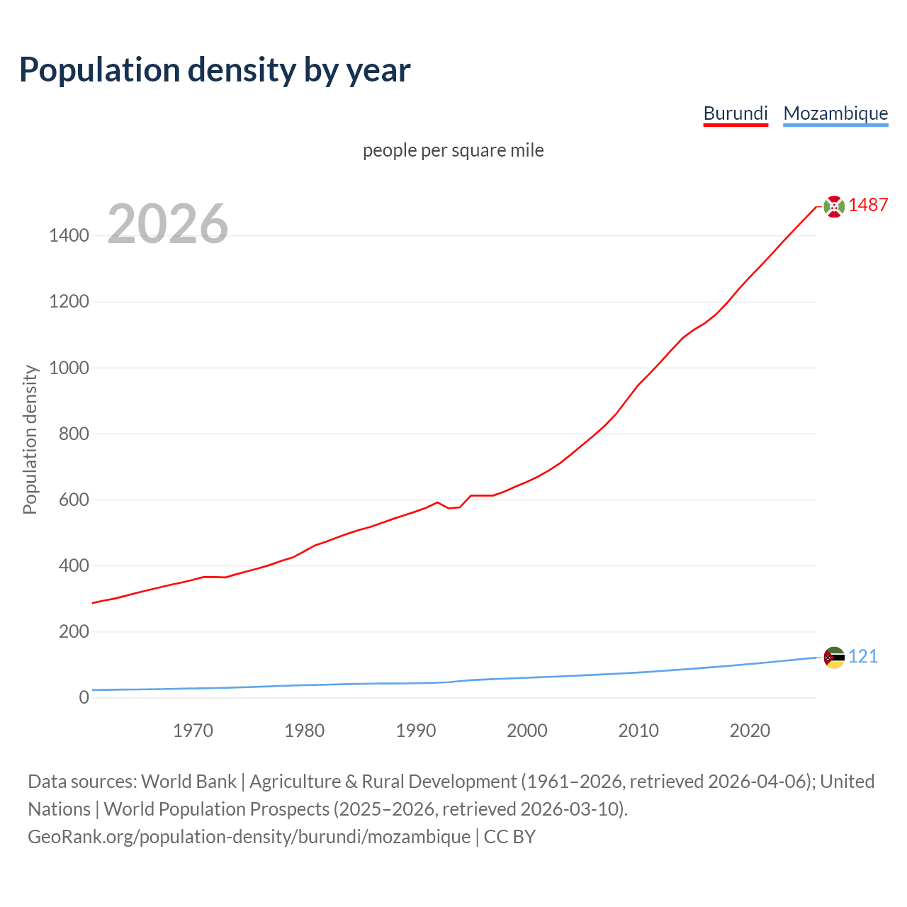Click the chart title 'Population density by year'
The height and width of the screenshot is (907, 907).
[215, 70]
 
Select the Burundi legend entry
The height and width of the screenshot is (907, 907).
[736, 113]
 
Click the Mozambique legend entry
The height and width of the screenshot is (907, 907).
[835, 113]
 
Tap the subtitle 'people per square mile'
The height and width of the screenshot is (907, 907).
[453, 150]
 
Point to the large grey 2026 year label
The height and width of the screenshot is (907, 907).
[168, 224]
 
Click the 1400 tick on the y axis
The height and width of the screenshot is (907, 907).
[69, 236]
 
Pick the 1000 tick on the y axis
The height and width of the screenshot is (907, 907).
[69, 368]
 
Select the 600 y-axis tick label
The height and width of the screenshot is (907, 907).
[74, 500]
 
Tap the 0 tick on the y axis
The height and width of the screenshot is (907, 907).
[84, 697]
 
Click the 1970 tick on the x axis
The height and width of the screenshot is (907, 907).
[193, 731]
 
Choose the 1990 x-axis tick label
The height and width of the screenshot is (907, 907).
[416, 731]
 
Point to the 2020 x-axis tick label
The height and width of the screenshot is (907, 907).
[750, 731]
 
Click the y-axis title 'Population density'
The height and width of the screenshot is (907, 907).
[30, 439]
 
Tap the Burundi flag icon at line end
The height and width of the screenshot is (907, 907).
[834, 206]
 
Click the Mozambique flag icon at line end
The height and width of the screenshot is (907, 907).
[834, 658]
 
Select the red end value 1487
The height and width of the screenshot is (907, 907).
[868, 205]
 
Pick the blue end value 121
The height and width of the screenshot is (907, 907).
[863, 657]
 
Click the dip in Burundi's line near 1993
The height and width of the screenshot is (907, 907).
[449, 508]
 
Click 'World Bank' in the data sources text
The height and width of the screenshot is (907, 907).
[188, 782]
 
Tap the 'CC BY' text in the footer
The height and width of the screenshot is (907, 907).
[509, 837]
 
